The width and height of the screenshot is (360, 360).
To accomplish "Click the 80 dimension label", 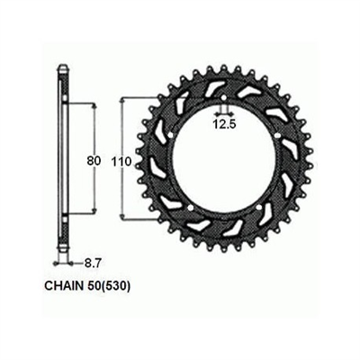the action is coord(94,161).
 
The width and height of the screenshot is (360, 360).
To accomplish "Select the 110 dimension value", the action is coord(121,162).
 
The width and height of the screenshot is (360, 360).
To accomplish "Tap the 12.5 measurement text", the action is coord(225,124).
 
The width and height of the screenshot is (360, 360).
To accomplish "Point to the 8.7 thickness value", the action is coord(92,264).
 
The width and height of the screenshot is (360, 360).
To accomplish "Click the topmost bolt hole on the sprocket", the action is coord(223,98).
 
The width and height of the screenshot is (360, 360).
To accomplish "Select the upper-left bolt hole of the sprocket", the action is coord(171,136).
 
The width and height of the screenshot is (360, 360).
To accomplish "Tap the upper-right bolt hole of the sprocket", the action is coord(276,135).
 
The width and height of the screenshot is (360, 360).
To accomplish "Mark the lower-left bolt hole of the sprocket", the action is coord(189,208).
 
